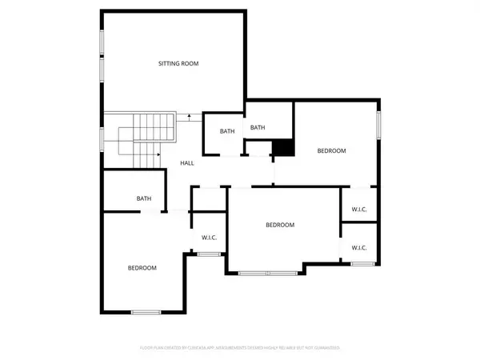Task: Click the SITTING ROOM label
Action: (x=178, y=63)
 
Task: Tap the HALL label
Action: (x=187, y=163)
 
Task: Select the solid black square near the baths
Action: (x=284, y=149)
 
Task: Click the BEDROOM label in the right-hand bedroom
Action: (x=331, y=151)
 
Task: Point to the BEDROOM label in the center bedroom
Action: (x=280, y=225)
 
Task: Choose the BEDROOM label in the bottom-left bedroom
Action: (x=142, y=268)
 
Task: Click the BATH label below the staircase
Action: (x=144, y=198)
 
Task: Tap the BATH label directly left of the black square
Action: (x=258, y=128)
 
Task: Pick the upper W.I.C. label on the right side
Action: (x=359, y=210)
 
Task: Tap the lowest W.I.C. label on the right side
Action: (x=359, y=247)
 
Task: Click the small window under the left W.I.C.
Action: (x=210, y=254)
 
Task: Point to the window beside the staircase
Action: (x=102, y=138)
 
